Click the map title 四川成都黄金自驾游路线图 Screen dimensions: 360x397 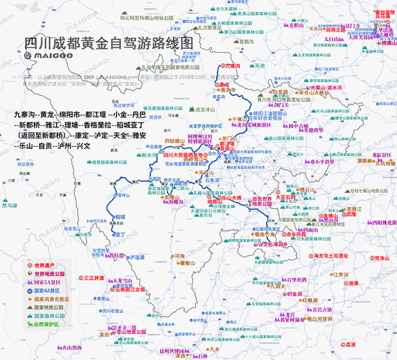click(110, 42)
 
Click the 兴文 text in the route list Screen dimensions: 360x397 click(85, 146)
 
